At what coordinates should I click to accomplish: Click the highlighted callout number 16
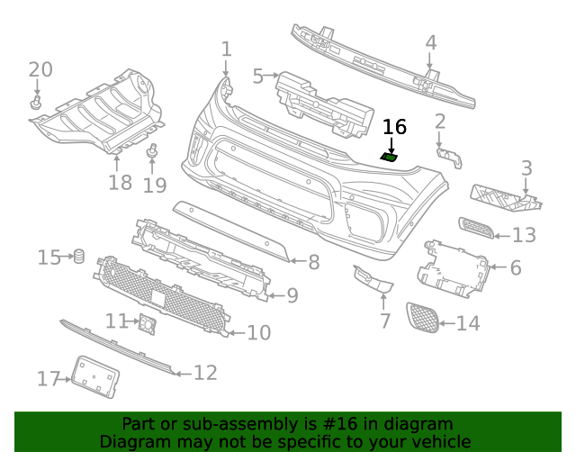(x=394, y=127)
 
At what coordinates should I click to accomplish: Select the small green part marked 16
(x=390, y=158)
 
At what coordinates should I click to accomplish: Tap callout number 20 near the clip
(x=40, y=69)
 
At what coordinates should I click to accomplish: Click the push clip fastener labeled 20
(x=36, y=104)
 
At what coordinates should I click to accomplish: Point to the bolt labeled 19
(x=153, y=151)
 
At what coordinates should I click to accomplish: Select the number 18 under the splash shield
(x=120, y=183)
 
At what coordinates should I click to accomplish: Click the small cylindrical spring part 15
(x=78, y=258)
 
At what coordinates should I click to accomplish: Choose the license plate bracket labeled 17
(x=94, y=376)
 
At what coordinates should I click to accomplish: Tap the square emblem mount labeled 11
(x=145, y=322)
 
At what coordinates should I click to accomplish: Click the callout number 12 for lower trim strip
(x=205, y=372)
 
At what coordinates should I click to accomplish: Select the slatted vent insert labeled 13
(x=475, y=229)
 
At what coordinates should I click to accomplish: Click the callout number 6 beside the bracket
(x=516, y=267)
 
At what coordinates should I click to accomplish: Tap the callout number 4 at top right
(x=430, y=42)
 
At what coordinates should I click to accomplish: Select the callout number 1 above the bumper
(x=226, y=49)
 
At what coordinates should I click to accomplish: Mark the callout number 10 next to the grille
(x=258, y=333)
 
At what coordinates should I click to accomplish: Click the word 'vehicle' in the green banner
(x=439, y=441)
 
